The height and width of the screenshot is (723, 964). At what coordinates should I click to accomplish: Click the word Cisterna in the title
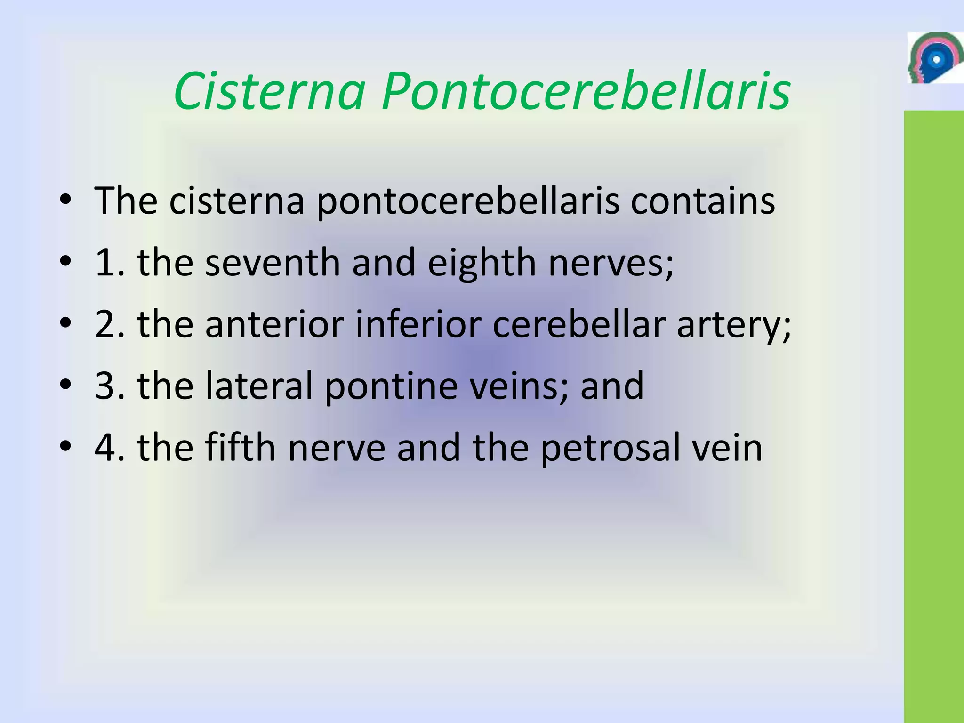[269, 91]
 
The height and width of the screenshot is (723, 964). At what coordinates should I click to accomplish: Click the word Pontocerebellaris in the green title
[586, 91]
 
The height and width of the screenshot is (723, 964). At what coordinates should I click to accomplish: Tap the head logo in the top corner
[934, 58]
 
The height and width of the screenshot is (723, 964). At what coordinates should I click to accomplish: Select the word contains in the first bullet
[702, 201]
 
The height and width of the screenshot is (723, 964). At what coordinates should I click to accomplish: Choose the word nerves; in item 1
[611, 262]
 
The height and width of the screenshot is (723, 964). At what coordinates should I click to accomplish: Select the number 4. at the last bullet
[110, 447]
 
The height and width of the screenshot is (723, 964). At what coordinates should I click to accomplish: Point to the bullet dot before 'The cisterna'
[65, 200]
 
